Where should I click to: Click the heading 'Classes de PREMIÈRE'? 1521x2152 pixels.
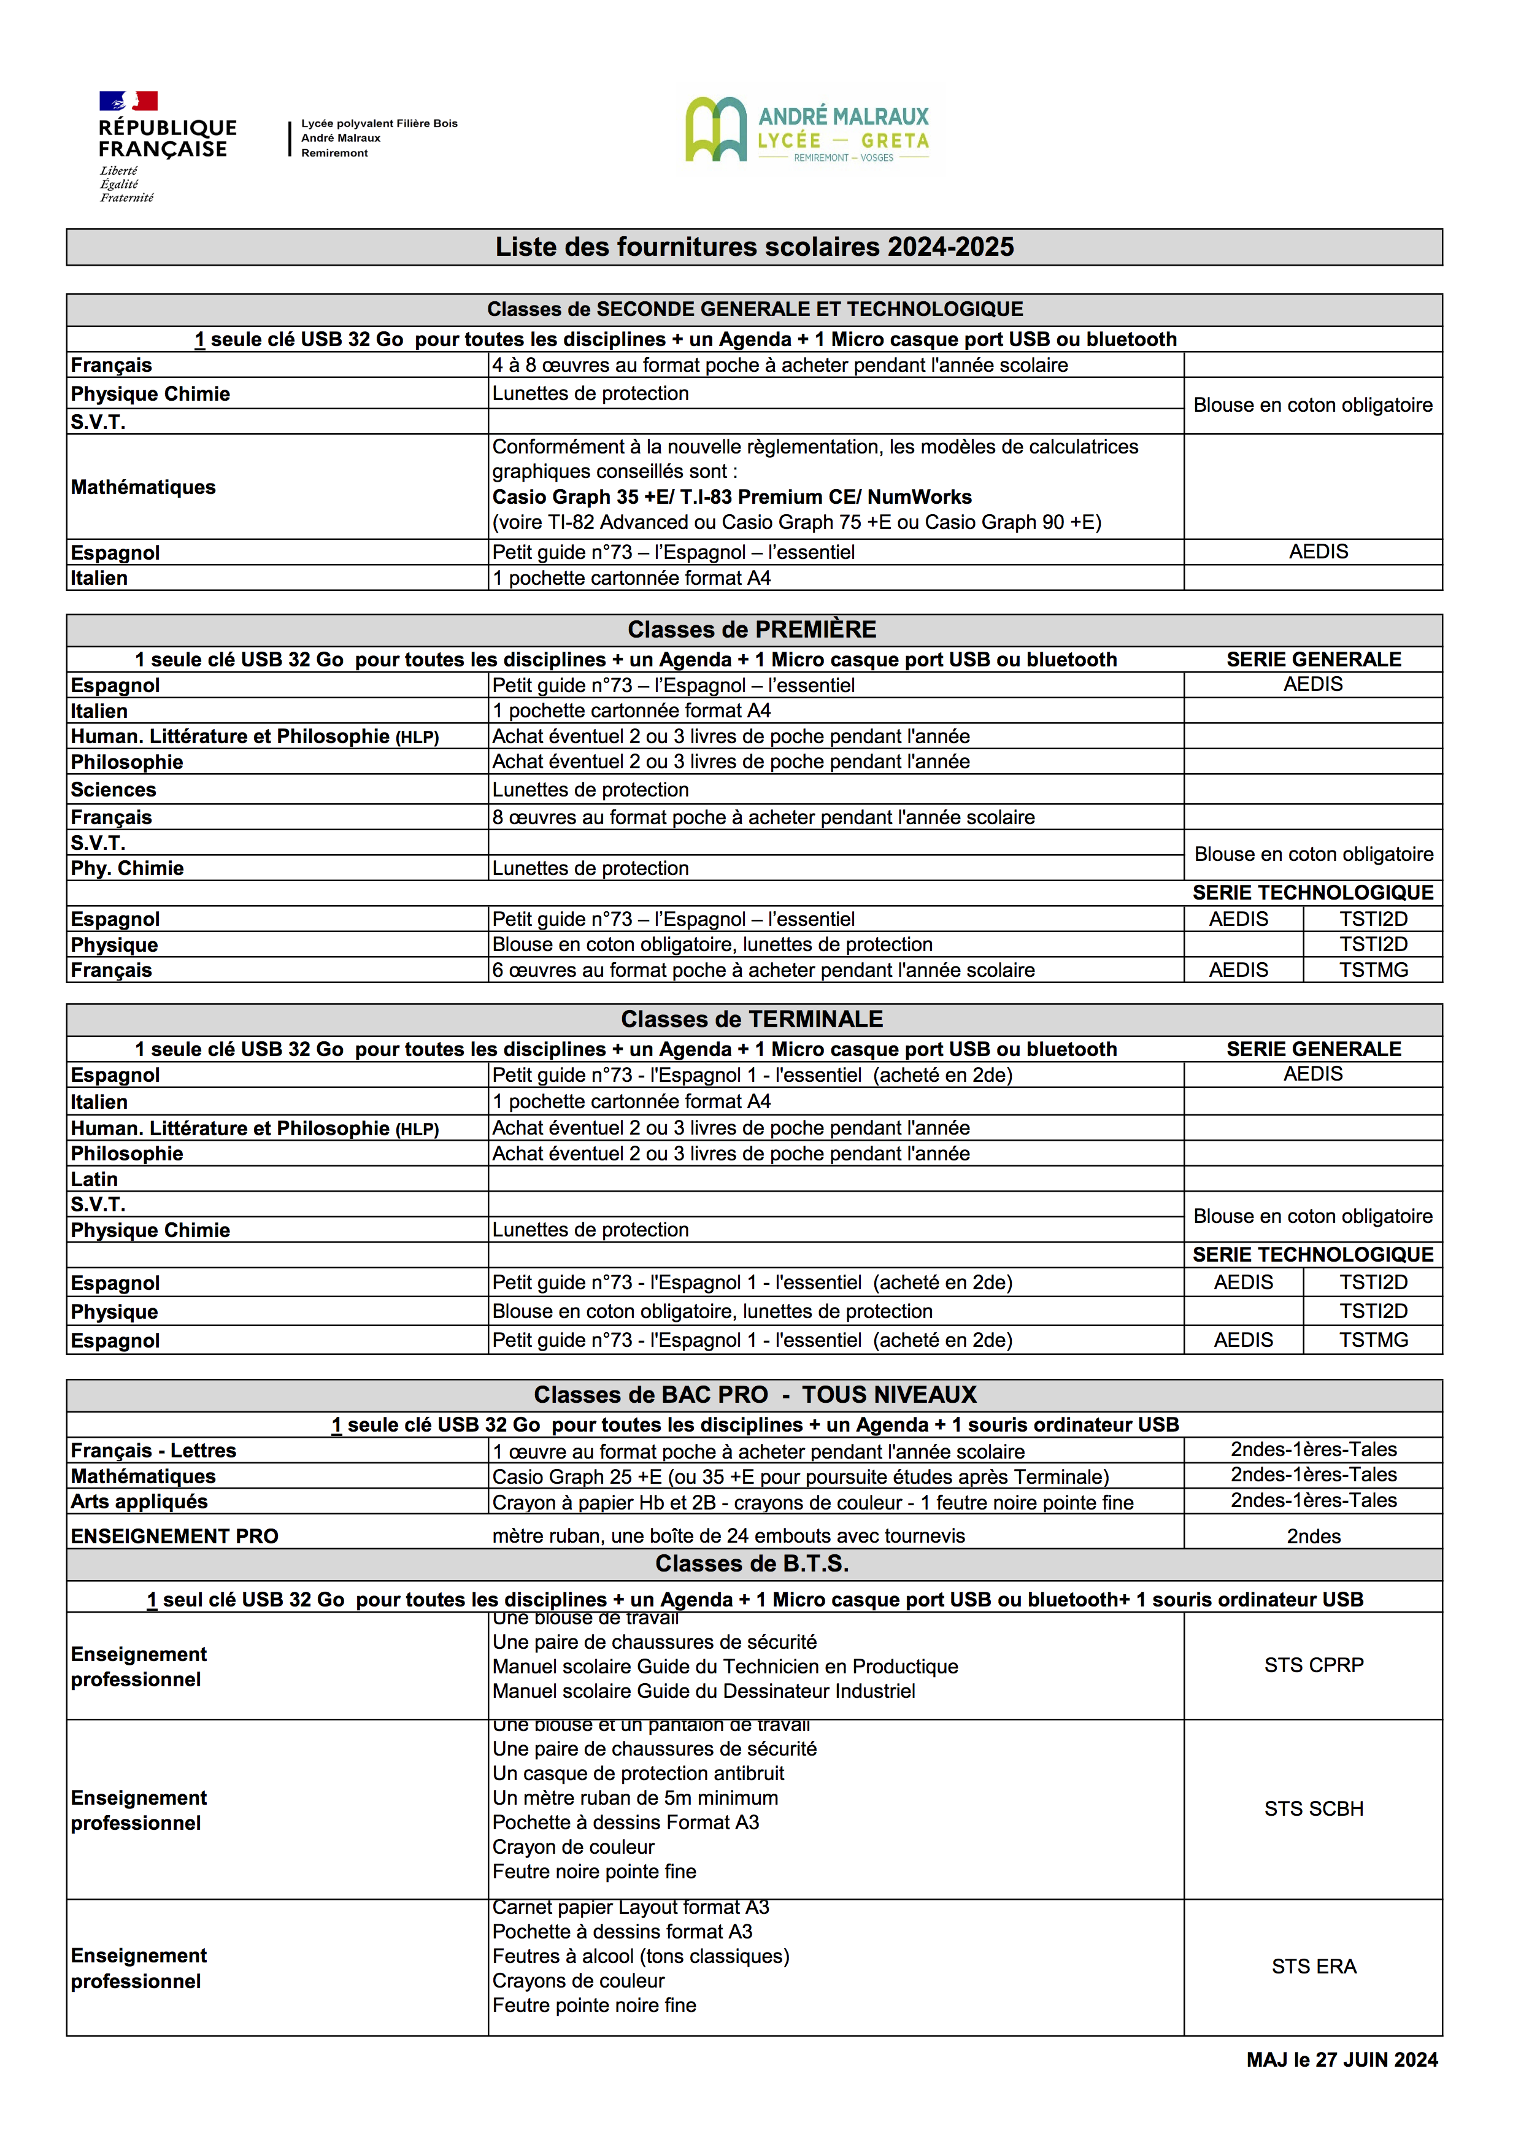point(752,630)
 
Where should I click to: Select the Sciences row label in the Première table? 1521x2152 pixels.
point(114,790)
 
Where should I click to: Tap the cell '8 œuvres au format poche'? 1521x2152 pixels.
point(763,817)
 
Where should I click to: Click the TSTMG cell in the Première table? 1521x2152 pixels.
point(1373,970)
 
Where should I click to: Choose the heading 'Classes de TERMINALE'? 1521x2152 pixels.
point(752,1020)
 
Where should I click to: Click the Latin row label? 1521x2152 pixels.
point(94,1180)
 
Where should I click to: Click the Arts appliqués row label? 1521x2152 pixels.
point(139,1502)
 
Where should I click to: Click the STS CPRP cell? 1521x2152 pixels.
point(1313,1665)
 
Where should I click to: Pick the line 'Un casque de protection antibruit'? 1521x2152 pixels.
point(637,1773)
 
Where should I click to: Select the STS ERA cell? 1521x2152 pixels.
point(1313,1967)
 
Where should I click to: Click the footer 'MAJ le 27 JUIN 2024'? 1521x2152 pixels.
point(1341,2060)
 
